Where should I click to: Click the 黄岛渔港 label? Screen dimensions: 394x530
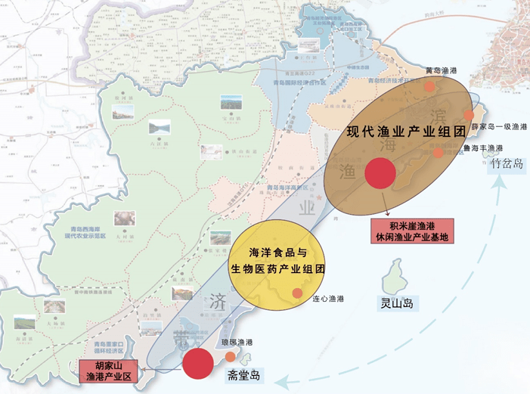point(442,70)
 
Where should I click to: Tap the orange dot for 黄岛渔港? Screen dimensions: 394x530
point(429,85)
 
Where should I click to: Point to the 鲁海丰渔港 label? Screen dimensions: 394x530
point(483,147)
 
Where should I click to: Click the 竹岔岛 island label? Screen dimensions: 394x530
point(507,164)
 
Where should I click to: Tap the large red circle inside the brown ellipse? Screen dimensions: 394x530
point(379,173)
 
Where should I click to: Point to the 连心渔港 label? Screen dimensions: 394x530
point(327,299)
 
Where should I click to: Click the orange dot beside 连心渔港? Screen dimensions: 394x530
point(298,293)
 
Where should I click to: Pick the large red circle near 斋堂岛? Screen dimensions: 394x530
point(198,362)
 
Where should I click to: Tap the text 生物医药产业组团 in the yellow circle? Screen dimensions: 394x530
point(277,268)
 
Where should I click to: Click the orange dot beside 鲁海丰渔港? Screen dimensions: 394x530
point(439,153)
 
